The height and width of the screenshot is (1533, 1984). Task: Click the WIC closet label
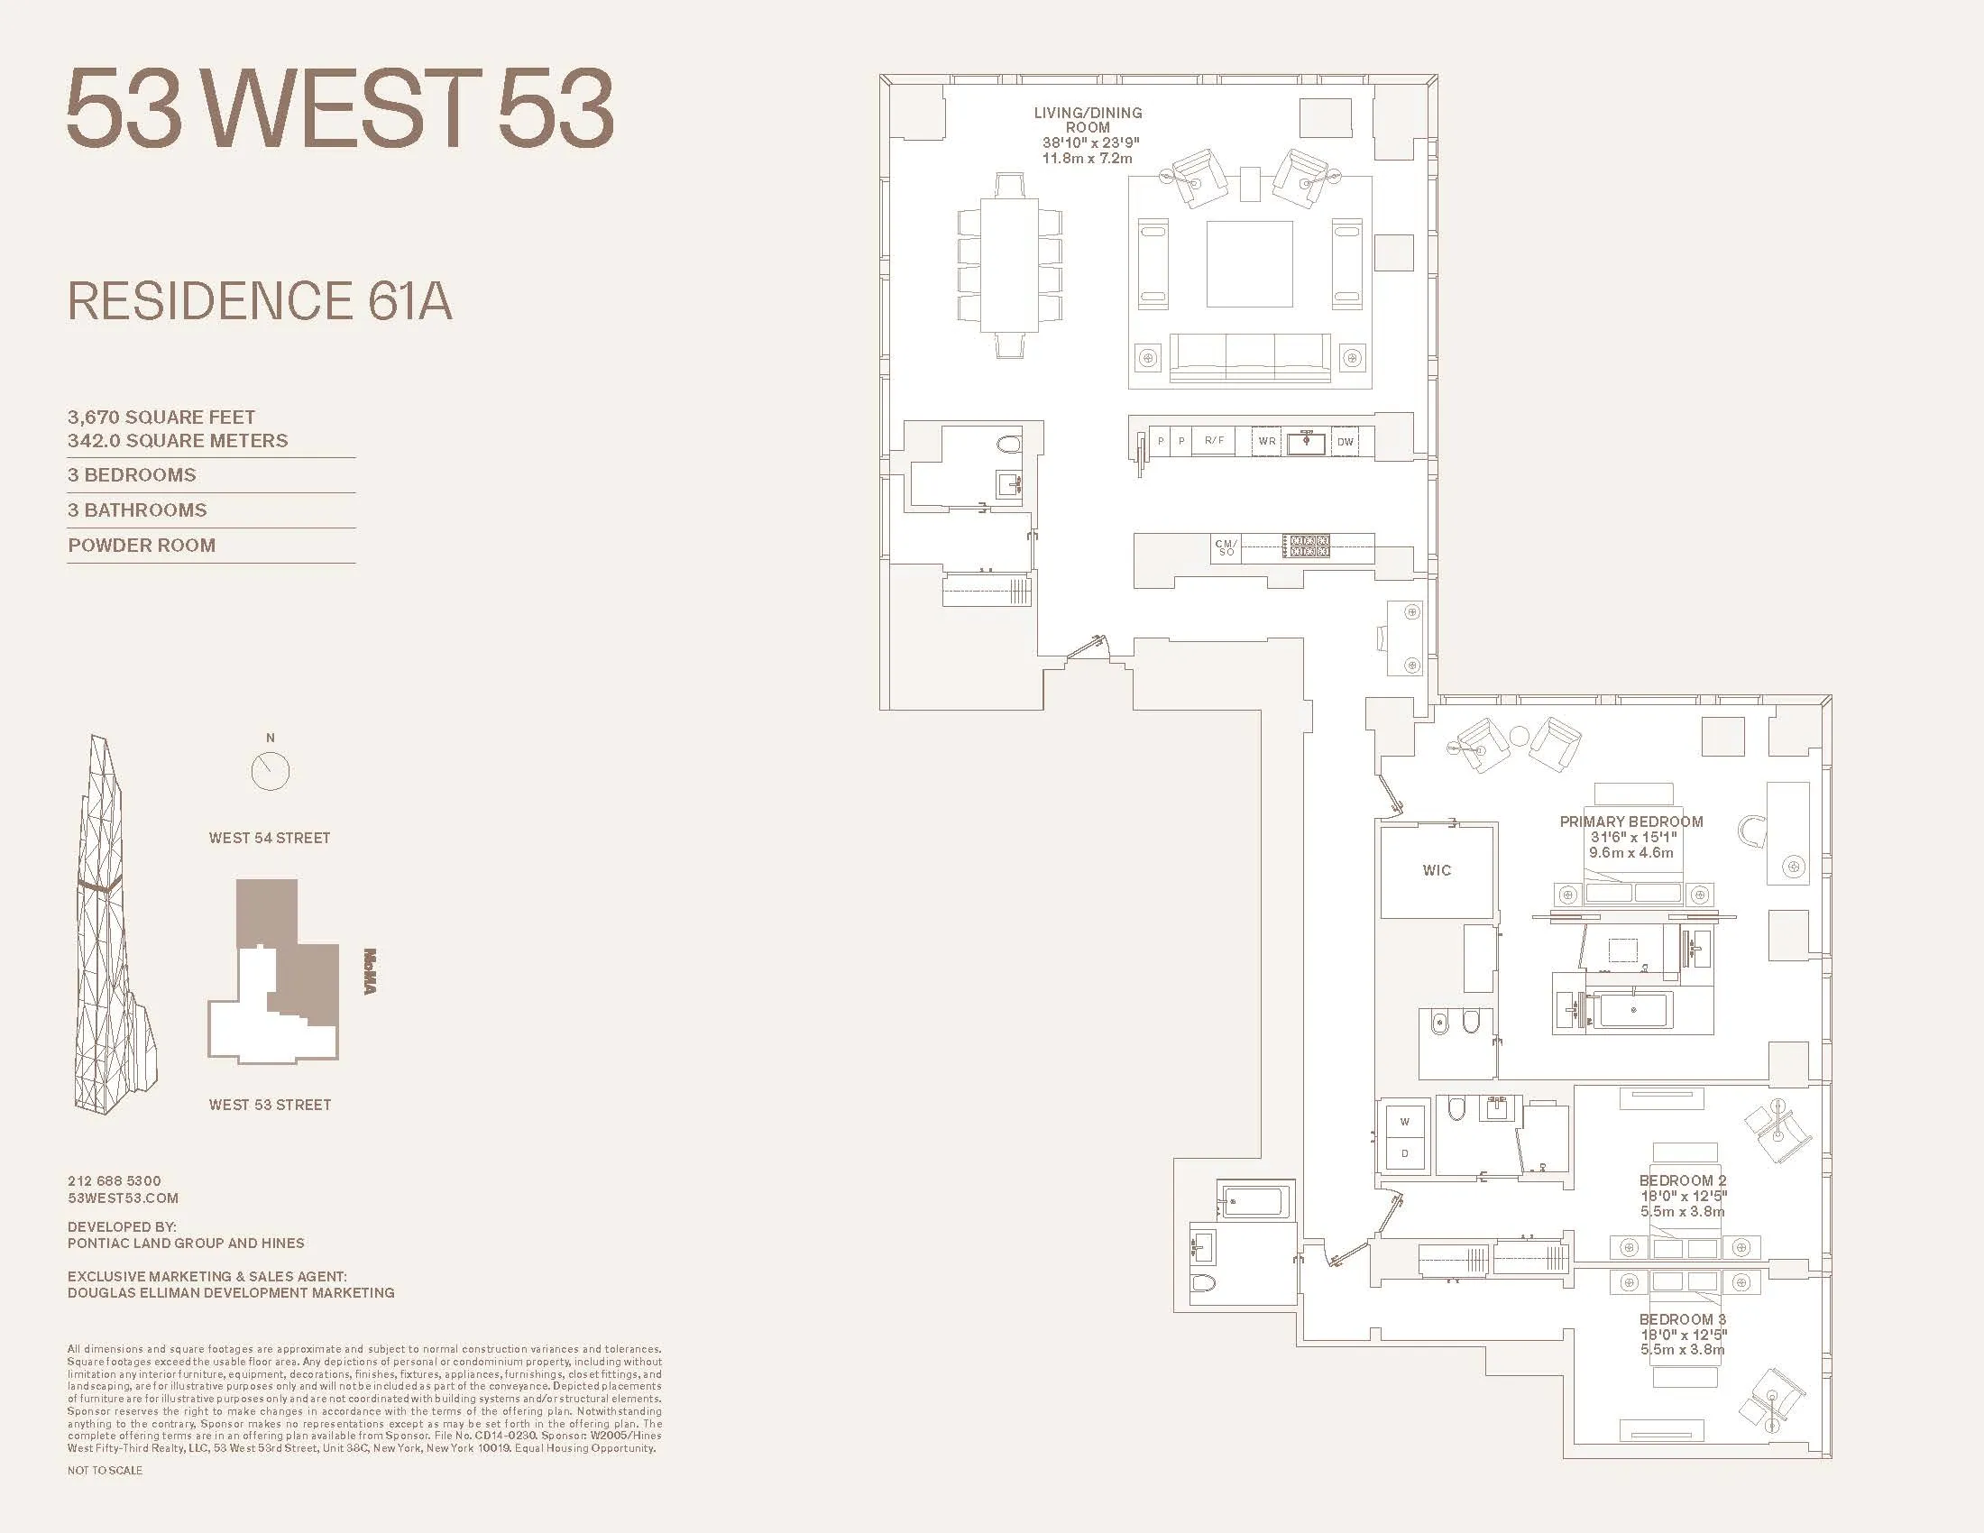click(1437, 870)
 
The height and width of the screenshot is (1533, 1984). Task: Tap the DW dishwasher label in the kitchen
click(1345, 442)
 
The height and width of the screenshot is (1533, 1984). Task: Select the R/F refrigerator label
click(1214, 440)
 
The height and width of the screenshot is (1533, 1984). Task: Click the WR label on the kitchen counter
click(1266, 441)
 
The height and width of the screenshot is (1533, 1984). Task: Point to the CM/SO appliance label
click(1226, 547)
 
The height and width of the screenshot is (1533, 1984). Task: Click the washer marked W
click(1404, 1122)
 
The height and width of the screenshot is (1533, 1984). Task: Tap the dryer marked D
click(1404, 1153)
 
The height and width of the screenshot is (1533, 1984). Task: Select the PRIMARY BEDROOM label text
click(1630, 822)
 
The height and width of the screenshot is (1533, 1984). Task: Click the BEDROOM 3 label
click(1683, 1319)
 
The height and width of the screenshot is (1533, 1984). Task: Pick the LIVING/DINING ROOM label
click(1088, 120)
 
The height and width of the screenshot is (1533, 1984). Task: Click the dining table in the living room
click(1009, 265)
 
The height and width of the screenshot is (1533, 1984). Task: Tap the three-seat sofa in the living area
click(1249, 356)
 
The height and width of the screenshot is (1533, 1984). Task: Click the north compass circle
click(270, 771)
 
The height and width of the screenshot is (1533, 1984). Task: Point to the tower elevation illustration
click(111, 926)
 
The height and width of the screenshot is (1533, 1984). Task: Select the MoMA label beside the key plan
click(370, 971)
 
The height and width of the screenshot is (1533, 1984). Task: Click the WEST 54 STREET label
click(269, 839)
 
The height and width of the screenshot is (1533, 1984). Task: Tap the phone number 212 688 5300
click(115, 1180)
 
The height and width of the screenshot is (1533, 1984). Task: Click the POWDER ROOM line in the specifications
click(142, 546)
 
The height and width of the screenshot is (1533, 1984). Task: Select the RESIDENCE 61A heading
click(260, 301)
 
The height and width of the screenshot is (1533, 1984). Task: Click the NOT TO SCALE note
click(105, 1471)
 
